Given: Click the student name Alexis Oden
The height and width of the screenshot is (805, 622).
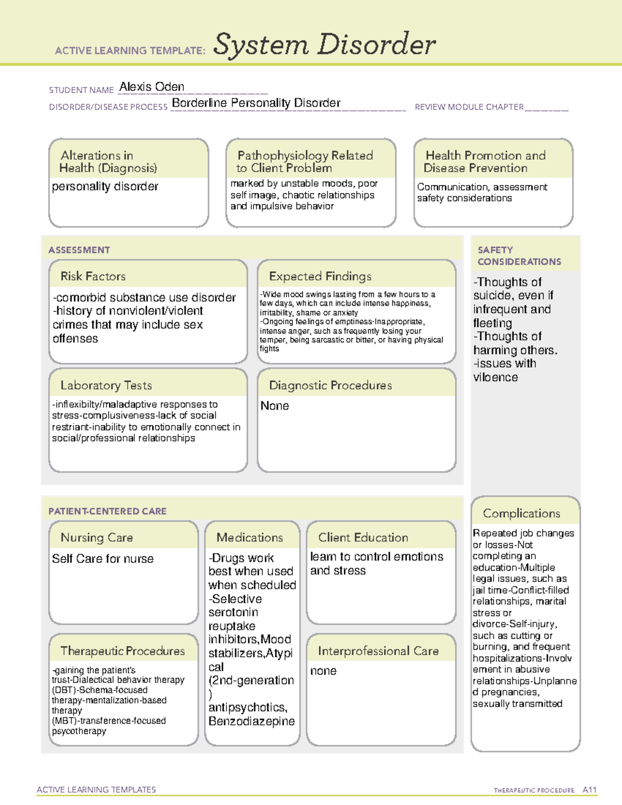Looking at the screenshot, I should tap(151, 87).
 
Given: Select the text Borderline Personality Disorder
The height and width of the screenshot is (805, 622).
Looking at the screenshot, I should tap(256, 103).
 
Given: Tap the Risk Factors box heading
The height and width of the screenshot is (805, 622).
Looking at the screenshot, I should tap(93, 276).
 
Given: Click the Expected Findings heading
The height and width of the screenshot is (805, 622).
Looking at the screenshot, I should tap(320, 276).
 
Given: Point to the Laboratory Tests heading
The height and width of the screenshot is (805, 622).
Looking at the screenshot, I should tap(106, 385).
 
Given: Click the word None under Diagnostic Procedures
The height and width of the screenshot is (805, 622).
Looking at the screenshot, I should tap(274, 406).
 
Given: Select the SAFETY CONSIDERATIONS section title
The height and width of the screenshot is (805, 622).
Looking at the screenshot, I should tap(519, 256).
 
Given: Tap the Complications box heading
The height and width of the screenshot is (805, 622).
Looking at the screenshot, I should tap(521, 513).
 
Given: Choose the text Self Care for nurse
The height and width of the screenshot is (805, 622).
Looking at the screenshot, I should tap(103, 559).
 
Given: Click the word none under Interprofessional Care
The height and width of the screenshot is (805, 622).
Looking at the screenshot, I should tap(323, 671).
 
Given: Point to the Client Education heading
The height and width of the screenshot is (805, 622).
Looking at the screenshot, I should tap(363, 538).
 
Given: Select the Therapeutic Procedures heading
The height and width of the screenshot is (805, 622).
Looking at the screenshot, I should tap(122, 651).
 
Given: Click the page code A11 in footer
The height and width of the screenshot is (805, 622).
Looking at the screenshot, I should tap(589, 790).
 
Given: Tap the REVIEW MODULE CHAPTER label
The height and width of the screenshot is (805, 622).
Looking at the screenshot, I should tap(469, 107).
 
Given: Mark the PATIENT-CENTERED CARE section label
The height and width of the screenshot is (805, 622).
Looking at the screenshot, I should tap(107, 511).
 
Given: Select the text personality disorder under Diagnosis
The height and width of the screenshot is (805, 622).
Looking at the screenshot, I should tap(105, 187).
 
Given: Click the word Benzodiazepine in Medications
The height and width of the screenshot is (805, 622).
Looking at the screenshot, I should tap(251, 721).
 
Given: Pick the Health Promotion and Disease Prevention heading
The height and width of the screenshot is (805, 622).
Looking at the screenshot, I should tap(485, 162).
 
